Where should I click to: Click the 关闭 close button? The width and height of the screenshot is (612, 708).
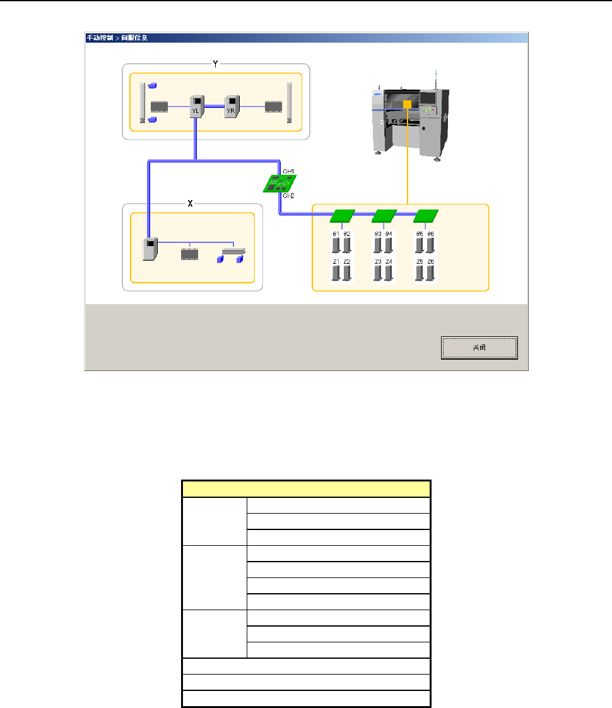coord(479,348)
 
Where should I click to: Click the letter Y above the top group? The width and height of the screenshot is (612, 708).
coord(215,65)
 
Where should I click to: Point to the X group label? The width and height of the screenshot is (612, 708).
coord(191,204)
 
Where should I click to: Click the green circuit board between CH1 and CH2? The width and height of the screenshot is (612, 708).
coord(279,183)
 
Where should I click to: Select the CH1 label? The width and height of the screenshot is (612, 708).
coord(288,171)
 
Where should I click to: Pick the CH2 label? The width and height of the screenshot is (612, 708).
coord(288,196)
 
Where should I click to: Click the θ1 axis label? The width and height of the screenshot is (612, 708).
coord(336,234)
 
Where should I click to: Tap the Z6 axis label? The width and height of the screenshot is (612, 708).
coord(431,262)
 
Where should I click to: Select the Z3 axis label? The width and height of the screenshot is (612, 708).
coord(378,262)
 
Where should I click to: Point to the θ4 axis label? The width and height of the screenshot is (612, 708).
coord(389,234)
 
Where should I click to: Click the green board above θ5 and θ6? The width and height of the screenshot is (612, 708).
coord(425,216)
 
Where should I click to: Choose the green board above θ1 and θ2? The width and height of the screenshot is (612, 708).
coord(342,216)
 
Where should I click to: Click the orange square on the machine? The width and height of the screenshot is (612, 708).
coord(408,104)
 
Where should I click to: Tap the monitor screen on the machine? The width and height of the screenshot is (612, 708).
coord(429,98)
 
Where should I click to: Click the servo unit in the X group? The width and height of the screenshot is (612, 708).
coord(150,249)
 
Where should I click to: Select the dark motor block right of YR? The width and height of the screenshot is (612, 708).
coord(273,106)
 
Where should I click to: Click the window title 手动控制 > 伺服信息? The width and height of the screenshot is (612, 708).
coord(117,38)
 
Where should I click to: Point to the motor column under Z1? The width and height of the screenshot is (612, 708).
coord(336,273)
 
